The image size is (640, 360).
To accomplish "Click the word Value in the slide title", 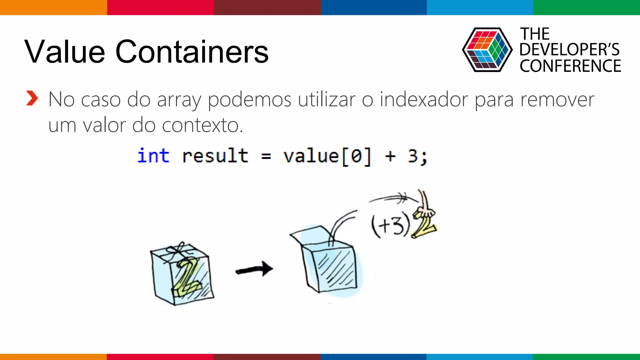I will tap(65, 52).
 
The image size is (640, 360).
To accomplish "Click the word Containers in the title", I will tap(192, 52).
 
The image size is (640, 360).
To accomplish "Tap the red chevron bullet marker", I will tap(32, 98).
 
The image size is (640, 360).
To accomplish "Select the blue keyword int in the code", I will tap(153, 156).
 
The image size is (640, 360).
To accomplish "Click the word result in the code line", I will tap(215, 156).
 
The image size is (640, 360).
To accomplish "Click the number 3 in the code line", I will tap(413, 156).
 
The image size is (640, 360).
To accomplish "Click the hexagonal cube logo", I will tap(487, 50).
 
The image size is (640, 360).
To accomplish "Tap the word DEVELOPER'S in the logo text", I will tap(569, 50).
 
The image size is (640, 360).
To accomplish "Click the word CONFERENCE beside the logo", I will tap(570, 66).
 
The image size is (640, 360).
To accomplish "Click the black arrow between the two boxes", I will tap(254, 269).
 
